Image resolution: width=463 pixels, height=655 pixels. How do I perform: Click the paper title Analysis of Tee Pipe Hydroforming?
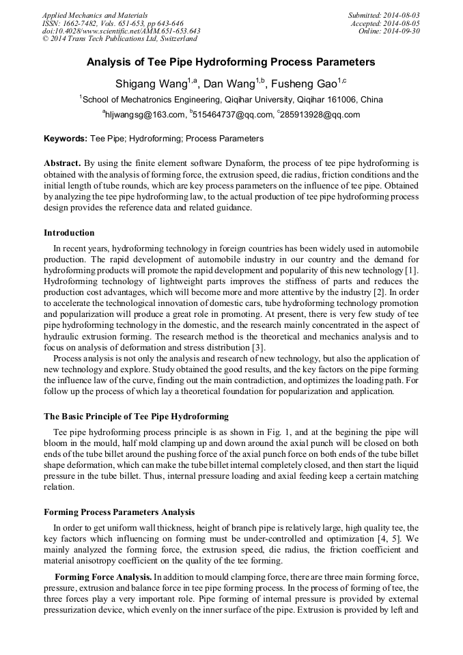pos(231,62)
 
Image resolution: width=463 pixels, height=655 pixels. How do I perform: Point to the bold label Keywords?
pos(66,139)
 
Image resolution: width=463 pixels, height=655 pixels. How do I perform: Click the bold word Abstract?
pos(62,163)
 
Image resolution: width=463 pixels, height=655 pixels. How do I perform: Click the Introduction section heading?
pos(69,233)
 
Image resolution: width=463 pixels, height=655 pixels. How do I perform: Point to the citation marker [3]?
pos(249,348)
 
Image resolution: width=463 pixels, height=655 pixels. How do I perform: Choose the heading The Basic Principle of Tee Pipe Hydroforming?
pos(136,416)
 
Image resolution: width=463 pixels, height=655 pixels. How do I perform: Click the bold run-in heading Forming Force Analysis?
pos(103,577)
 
